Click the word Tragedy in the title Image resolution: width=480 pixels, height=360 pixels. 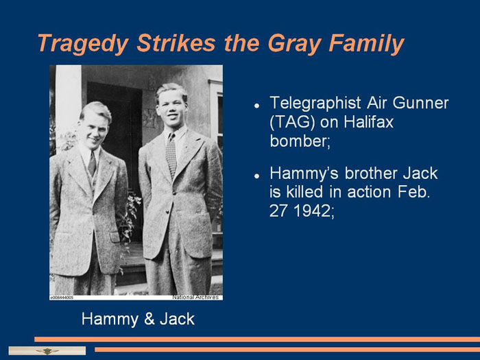[83, 44]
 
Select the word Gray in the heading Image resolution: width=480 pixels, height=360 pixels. [295, 44]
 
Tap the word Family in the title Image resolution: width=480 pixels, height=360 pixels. [366, 44]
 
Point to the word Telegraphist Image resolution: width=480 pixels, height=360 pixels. [315, 103]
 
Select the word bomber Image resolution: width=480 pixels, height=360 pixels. [299, 141]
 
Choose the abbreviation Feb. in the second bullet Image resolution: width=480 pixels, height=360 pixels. [414, 192]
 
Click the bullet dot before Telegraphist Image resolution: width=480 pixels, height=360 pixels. [256, 106]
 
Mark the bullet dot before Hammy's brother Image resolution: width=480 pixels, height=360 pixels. [256, 176]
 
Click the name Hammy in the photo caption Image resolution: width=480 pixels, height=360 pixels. [110, 320]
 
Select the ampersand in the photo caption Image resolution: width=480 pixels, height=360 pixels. [149, 319]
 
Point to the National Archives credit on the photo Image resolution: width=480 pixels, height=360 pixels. [195, 297]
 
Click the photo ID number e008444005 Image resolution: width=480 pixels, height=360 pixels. [62, 298]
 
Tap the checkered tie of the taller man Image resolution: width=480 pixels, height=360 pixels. [171, 154]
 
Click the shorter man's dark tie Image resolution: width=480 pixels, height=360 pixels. [92, 163]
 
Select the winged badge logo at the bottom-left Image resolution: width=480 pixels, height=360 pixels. [47, 351]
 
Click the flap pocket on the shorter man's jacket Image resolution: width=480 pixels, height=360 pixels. [115, 237]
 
